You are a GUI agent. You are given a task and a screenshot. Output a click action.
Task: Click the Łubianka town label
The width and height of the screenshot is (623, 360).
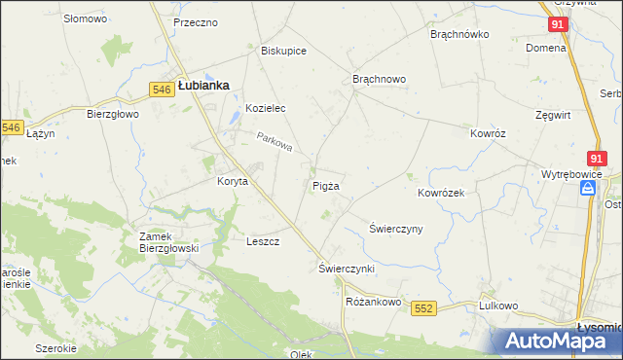[x=203, y=86]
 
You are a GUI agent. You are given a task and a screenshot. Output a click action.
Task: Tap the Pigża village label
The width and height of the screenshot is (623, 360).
[x=326, y=185]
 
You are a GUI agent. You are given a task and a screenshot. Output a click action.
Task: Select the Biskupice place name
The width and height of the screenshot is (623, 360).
[x=284, y=52]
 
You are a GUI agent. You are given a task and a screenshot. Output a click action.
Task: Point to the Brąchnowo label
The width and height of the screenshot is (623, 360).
[x=379, y=79]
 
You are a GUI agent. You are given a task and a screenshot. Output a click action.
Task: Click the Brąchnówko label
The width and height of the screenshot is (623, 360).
[x=459, y=33]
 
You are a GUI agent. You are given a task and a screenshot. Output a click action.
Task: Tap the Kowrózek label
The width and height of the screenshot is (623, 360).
[x=441, y=193]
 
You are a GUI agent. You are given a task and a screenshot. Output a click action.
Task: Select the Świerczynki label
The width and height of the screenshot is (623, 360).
[x=347, y=268]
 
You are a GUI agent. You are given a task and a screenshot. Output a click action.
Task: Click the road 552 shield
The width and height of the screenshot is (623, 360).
[x=421, y=308]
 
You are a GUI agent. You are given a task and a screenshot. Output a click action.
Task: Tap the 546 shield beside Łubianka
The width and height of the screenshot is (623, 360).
[x=163, y=90]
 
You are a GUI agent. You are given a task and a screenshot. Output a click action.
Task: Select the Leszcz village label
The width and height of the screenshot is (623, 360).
[x=263, y=241]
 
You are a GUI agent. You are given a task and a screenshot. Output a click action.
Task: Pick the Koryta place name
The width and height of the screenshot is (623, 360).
[x=233, y=181]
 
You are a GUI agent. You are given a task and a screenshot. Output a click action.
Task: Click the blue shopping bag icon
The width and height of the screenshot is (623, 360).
[x=588, y=191]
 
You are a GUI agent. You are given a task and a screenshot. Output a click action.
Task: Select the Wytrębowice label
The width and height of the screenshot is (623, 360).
[x=573, y=175]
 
